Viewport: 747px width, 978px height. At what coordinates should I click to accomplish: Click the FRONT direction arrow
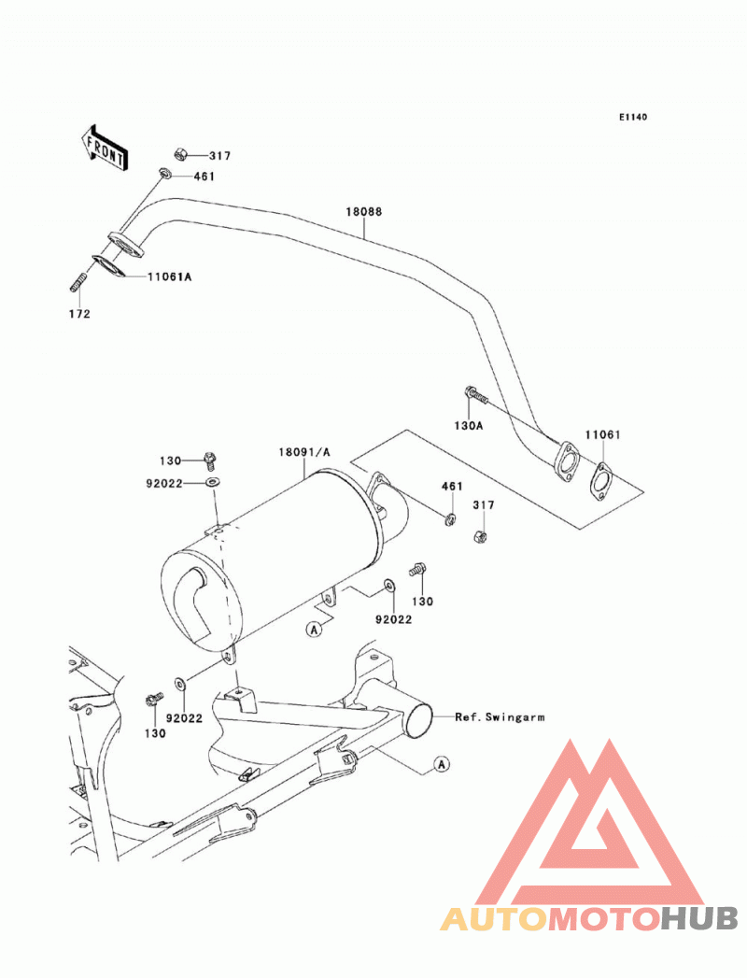[105, 148]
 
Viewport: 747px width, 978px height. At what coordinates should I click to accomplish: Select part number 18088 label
[364, 211]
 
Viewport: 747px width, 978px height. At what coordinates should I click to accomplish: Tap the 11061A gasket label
[169, 276]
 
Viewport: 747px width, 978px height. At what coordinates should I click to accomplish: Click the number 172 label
[79, 314]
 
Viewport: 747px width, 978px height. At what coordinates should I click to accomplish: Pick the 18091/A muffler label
[304, 452]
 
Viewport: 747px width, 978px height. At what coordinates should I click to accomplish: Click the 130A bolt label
[469, 425]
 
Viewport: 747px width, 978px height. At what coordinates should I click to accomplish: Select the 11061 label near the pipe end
[602, 434]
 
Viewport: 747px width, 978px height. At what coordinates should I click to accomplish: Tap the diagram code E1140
[633, 117]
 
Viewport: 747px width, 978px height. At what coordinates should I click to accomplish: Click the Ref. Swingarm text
[500, 717]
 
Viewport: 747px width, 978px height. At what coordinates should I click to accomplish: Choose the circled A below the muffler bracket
[315, 629]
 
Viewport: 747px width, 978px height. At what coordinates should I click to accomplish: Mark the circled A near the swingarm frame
[442, 763]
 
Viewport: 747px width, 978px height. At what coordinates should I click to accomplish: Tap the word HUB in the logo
[698, 919]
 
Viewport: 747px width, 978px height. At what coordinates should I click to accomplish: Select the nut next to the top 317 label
[179, 153]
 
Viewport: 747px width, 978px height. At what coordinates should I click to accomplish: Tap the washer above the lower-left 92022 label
[179, 684]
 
